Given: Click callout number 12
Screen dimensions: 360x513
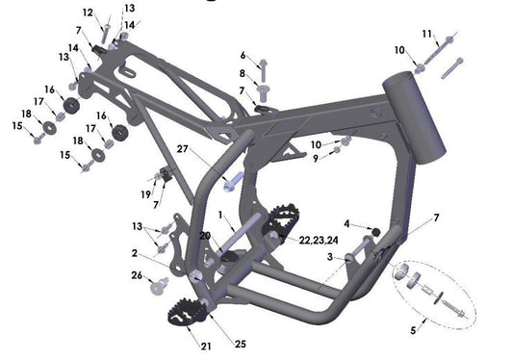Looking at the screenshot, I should [x=88, y=13].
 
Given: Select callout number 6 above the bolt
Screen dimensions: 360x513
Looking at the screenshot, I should [x=243, y=55].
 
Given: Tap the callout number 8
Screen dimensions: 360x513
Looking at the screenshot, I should [x=243, y=73].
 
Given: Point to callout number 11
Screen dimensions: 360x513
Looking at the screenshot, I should [x=426, y=35].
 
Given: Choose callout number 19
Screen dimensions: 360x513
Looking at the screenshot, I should [x=145, y=194].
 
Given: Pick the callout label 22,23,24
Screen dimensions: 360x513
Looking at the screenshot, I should [x=318, y=239].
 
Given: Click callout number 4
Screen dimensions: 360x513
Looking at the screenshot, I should [x=348, y=224].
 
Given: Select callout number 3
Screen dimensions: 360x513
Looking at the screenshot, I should [x=329, y=257].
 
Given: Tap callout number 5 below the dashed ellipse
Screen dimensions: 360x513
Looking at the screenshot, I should [x=414, y=330].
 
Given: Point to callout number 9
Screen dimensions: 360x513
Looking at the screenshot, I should [x=314, y=158].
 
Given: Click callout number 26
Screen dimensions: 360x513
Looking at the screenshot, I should [x=137, y=275].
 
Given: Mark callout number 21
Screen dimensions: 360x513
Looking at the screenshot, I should [x=207, y=346].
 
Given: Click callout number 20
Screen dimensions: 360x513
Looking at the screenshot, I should [x=204, y=236].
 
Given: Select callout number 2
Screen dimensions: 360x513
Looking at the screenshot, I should [x=135, y=253].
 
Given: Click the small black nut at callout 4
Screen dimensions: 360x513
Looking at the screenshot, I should [x=375, y=232].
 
